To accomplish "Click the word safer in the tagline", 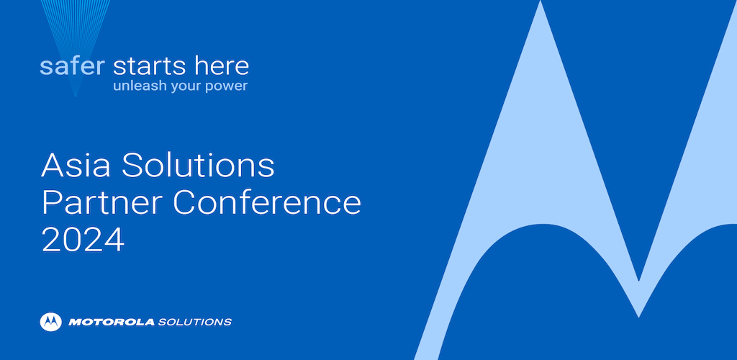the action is point(73,66).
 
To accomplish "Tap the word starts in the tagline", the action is point(144,67).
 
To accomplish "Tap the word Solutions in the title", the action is point(198,165).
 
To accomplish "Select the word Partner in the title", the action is point(103,202).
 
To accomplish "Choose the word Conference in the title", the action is point(267,202).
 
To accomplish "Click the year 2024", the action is point(83,240).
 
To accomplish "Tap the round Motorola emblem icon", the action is point(51,322).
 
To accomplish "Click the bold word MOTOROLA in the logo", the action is point(112,323).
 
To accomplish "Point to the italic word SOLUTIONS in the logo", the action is point(194,323).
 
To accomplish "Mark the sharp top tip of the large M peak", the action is point(541,1).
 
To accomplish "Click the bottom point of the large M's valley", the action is point(638,317).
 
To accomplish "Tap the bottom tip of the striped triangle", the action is point(75,96).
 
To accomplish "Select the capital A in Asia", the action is point(53,165).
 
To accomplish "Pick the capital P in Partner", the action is point(51,202).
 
